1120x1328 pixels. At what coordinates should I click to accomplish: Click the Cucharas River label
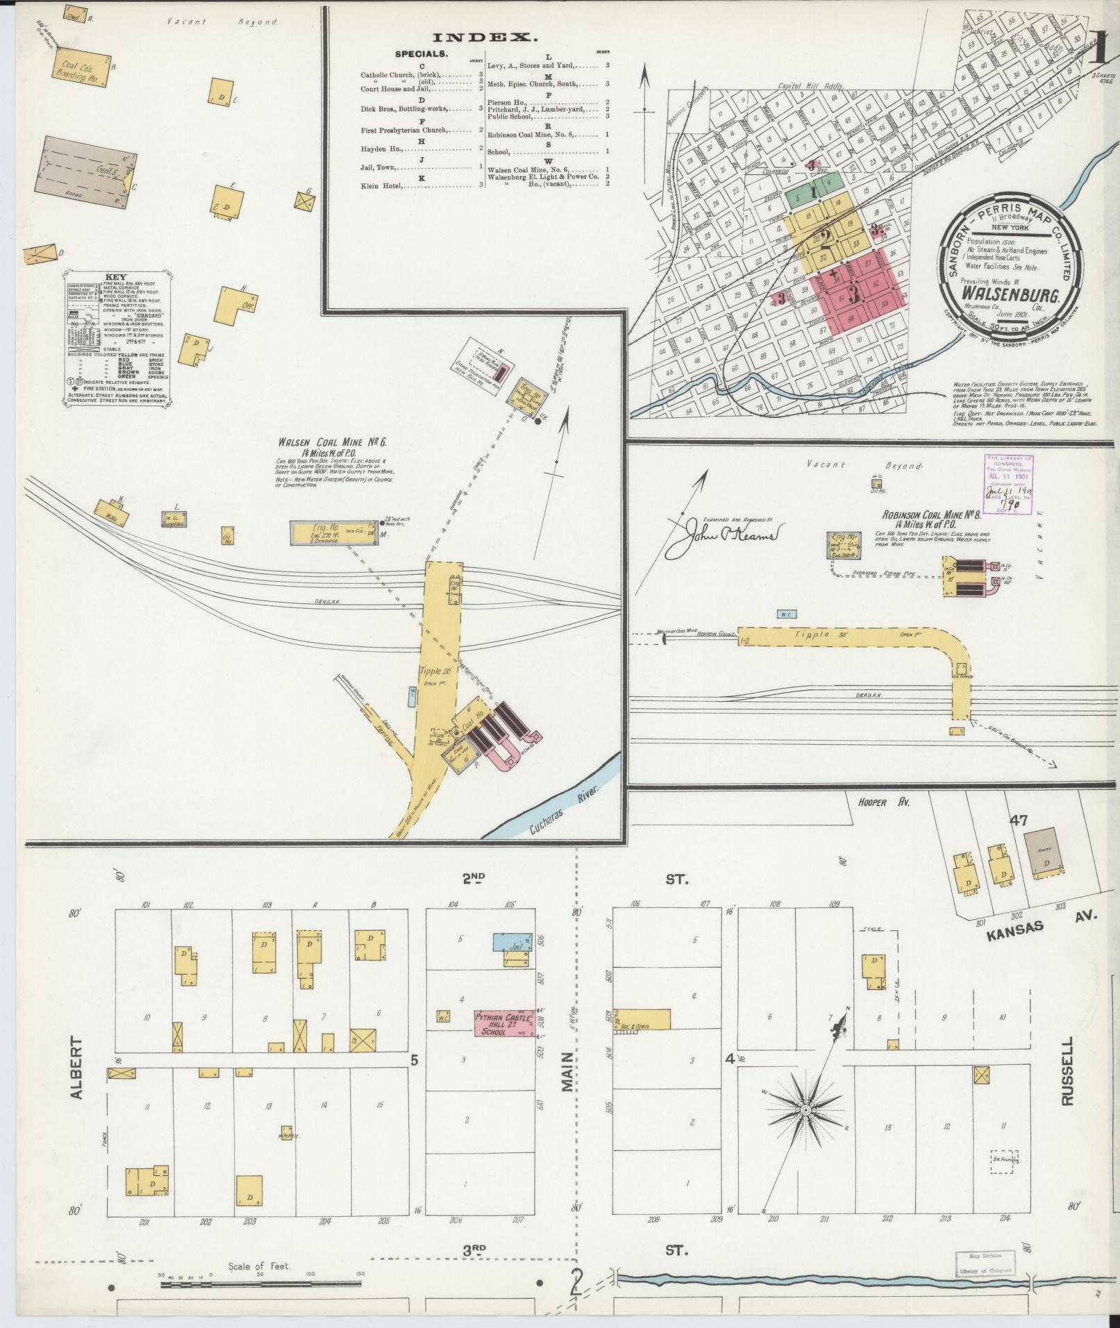564,808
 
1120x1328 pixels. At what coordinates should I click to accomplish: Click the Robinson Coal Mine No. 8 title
930,516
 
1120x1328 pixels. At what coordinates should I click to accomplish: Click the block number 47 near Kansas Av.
1019,820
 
